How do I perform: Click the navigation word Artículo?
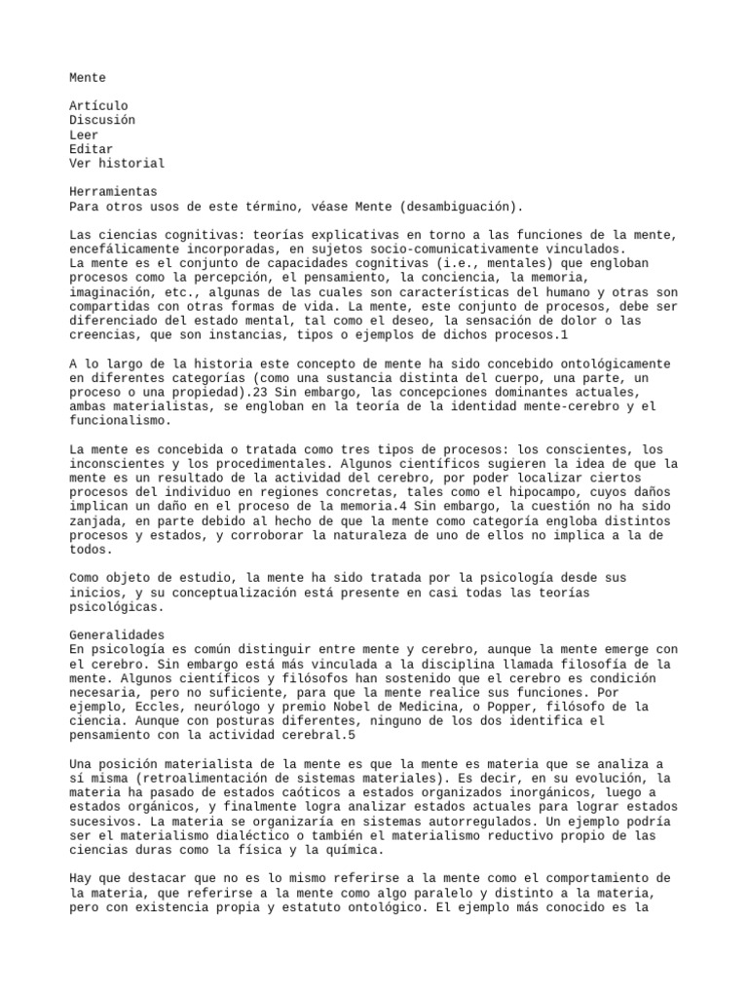[x=98, y=105]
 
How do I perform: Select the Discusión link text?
[x=102, y=120]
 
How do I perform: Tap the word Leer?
[x=84, y=134]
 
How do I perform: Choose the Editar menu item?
[x=91, y=149]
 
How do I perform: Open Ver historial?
[x=117, y=164]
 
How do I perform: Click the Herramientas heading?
[x=113, y=192]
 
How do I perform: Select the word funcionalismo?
[x=120, y=421]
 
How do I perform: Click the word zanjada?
[x=98, y=521]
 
